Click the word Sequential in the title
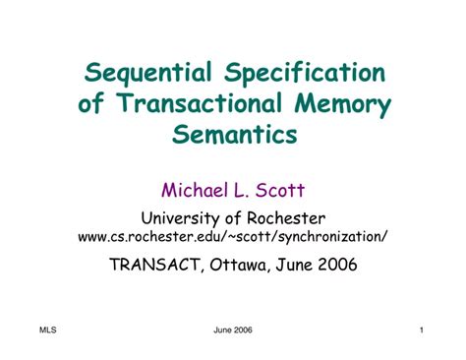(x=148, y=74)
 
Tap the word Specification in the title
(x=305, y=74)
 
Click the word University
(x=183, y=217)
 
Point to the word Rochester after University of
(x=287, y=217)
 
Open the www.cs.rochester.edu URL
(x=233, y=236)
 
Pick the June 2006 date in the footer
(x=233, y=330)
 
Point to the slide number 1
(x=420, y=330)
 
